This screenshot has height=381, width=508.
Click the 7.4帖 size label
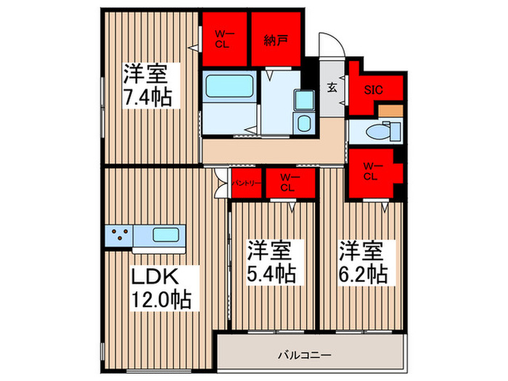(147, 96)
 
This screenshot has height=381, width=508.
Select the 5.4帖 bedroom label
(271, 274)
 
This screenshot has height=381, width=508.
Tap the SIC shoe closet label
(374, 91)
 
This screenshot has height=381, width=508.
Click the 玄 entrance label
(332, 88)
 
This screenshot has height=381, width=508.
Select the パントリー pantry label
(247, 184)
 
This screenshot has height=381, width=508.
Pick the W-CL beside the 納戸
(223, 40)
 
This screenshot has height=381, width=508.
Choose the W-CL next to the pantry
(289, 183)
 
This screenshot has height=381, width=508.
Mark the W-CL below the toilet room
(371, 171)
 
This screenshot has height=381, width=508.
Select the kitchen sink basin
(168, 234)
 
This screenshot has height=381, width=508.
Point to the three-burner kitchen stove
(120, 234)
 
